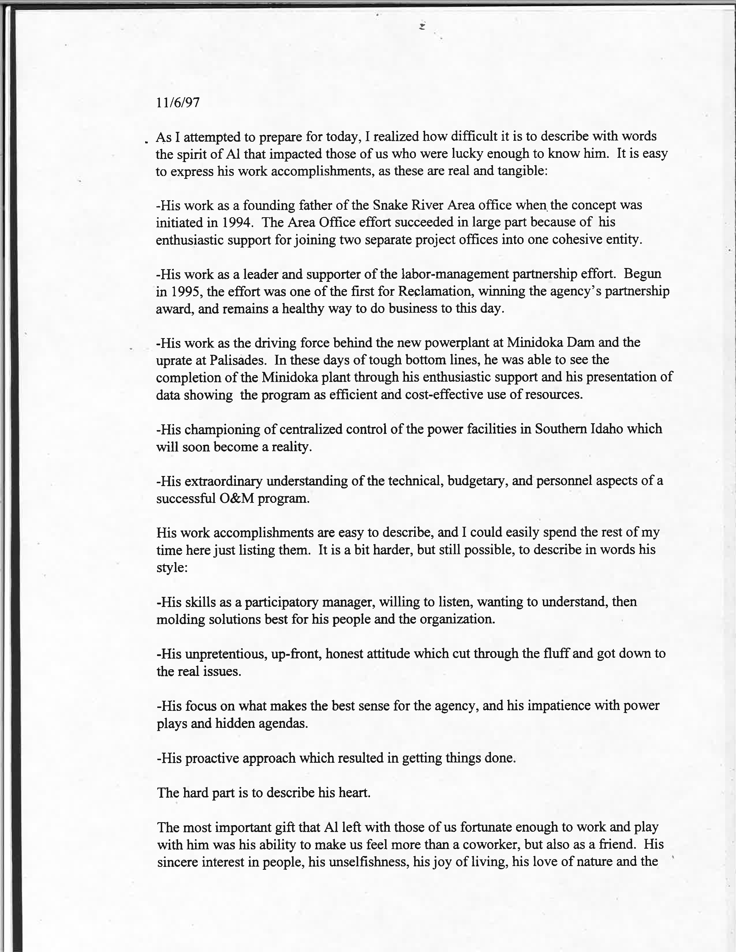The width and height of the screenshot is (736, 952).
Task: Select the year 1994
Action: pos(236,222)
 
